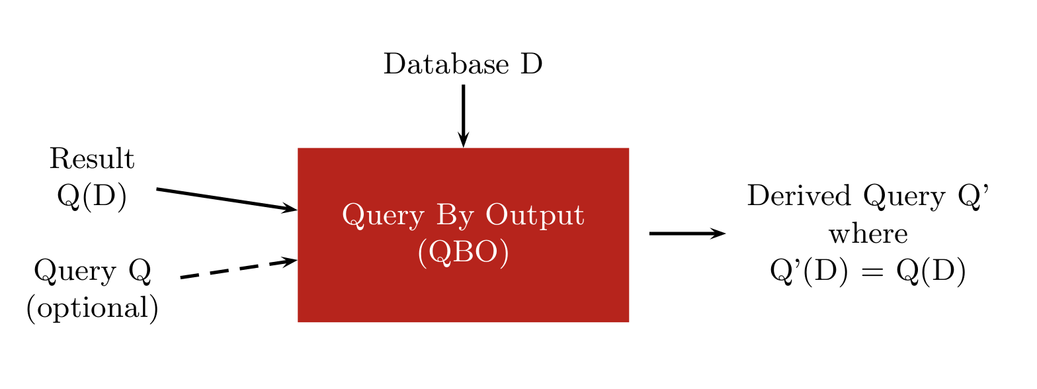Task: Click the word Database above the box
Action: tap(446, 64)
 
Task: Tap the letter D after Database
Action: tap(532, 64)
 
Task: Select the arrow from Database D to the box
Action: tap(464, 116)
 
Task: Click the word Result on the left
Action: tap(92, 159)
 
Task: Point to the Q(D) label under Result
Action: tap(92, 196)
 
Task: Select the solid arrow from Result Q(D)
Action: tap(227, 200)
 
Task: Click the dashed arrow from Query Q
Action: tap(239, 268)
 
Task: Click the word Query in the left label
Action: tap(75, 271)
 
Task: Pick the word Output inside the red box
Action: tap(534, 216)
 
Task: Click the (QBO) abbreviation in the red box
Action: tap(464, 253)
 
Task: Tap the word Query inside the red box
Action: tap(384, 216)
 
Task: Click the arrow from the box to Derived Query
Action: tap(688, 234)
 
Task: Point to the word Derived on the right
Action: tap(800, 196)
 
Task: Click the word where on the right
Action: tap(868, 234)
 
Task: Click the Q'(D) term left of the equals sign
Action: tap(809, 271)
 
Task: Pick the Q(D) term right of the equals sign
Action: tap(931, 271)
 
